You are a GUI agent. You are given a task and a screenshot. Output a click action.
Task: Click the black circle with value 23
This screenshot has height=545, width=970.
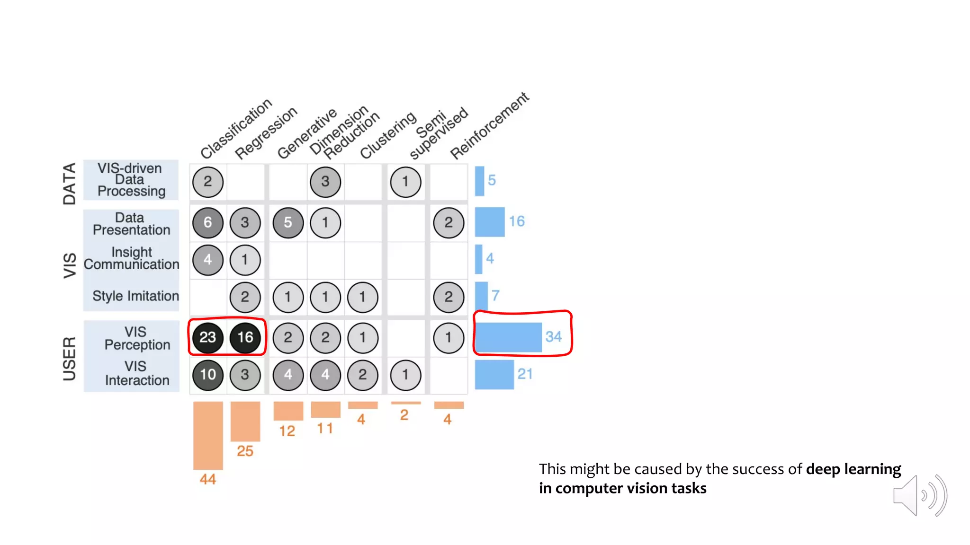coord(207,337)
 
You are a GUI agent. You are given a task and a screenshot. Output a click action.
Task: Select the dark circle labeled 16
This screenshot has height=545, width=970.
coord(245,337)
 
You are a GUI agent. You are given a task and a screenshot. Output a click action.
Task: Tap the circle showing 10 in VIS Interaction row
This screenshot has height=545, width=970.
coord(207,375)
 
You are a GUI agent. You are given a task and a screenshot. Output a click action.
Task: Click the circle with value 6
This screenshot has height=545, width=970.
coord(207,222)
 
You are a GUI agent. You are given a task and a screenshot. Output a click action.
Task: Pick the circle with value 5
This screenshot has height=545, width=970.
coord(288,222)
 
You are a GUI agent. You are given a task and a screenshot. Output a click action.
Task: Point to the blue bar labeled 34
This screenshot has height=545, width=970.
coord(508,337)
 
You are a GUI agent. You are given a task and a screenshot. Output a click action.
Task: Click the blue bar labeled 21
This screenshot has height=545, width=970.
coord(494,375)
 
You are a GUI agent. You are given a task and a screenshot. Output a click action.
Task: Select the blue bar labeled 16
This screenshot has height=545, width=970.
coord(489,222)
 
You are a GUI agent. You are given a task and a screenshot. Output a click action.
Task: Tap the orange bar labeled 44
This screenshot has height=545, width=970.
coord(208,435)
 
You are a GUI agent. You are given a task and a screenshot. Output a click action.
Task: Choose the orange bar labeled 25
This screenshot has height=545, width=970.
coord(245,421)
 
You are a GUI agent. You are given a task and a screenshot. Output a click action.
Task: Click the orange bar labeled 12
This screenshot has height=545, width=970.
coord(288,411)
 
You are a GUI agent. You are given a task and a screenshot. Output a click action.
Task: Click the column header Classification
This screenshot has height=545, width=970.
coord(236,129)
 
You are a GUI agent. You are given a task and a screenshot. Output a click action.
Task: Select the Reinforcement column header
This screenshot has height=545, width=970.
coord(489,126)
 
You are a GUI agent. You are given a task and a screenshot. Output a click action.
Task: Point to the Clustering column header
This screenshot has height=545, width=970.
coord(388,135)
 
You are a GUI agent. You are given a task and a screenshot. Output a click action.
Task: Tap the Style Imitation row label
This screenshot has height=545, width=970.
coord(135,296)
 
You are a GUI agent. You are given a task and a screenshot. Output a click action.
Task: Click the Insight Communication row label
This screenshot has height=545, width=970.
coord(132,258)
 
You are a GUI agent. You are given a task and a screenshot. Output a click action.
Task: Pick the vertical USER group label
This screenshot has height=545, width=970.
coord(70,359)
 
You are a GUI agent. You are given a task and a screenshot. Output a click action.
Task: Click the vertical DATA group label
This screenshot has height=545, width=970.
coord(70,184)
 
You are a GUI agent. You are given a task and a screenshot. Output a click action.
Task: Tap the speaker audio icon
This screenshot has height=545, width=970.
coord(919,496)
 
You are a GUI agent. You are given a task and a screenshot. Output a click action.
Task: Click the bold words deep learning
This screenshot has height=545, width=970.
coord(853,469)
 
